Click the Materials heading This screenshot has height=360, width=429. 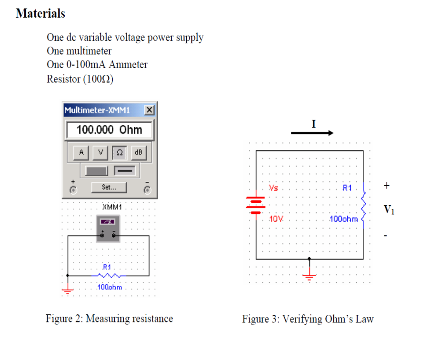(40, 13)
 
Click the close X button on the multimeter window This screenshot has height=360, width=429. (149, 110)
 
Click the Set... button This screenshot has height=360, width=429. (109, 188)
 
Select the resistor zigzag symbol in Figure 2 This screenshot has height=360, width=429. (108, 275)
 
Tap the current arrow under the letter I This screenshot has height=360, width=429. (312, 133)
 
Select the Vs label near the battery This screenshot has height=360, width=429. (274, 188)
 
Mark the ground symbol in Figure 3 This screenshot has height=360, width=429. (309, 276)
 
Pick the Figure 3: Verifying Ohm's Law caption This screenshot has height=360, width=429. (308, 319)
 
